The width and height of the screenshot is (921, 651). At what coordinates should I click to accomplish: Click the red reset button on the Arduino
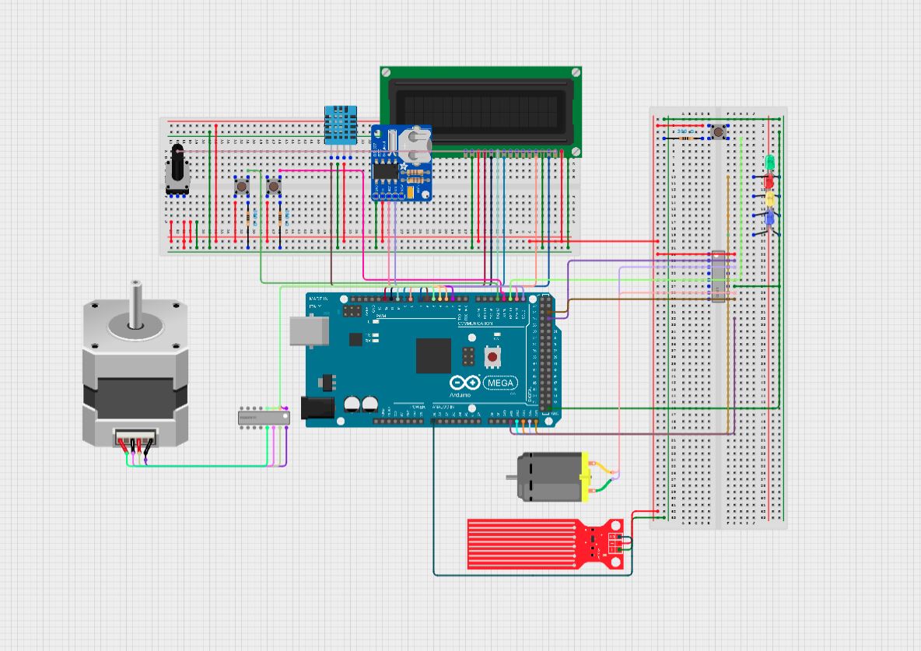pos(492,356)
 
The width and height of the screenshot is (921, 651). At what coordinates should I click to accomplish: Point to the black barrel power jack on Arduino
pos(318,408)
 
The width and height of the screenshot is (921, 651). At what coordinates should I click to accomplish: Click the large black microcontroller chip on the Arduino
pos(433,355)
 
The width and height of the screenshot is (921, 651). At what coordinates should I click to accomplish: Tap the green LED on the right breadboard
pos(769,163)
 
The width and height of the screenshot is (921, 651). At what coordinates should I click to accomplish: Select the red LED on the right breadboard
pos(769,181)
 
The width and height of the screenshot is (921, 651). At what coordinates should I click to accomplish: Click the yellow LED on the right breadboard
pos(769,199)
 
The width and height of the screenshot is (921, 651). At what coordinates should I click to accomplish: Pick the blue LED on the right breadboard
pos(769,219)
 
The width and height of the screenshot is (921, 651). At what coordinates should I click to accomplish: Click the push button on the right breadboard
pos(718,132)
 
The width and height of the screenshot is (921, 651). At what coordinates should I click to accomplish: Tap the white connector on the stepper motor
pos(135,439)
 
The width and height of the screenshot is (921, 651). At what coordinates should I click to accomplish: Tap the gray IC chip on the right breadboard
pos(719,276)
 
